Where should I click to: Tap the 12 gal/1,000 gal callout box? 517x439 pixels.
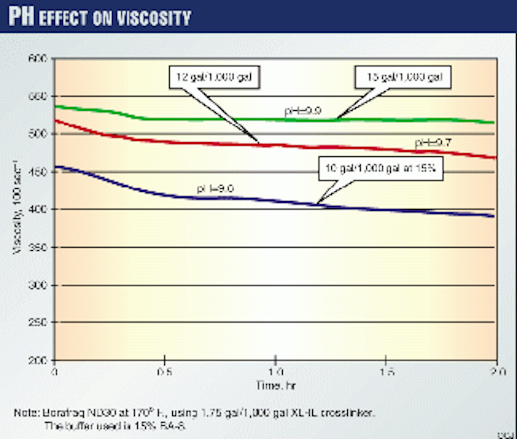[x=214, y=78]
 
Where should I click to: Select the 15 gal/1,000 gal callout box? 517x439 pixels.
[x=404, y=78]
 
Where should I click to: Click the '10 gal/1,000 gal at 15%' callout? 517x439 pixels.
[x=380, y=168]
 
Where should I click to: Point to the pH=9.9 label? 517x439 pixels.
[x=302, y=111]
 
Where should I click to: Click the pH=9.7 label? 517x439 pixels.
[x=433, y=143]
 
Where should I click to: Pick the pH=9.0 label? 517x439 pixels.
[x=215, y=189]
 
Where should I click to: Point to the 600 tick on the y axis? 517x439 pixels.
[x=38, y=58]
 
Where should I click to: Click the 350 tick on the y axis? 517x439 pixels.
[x=38, y=247]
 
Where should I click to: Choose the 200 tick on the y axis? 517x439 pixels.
[x=38, y=360]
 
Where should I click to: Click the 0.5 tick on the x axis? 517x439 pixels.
[x=165, y=371]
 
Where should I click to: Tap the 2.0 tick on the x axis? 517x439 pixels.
[x=496, y=371]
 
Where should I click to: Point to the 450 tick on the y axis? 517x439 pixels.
[x=38, y=172]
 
